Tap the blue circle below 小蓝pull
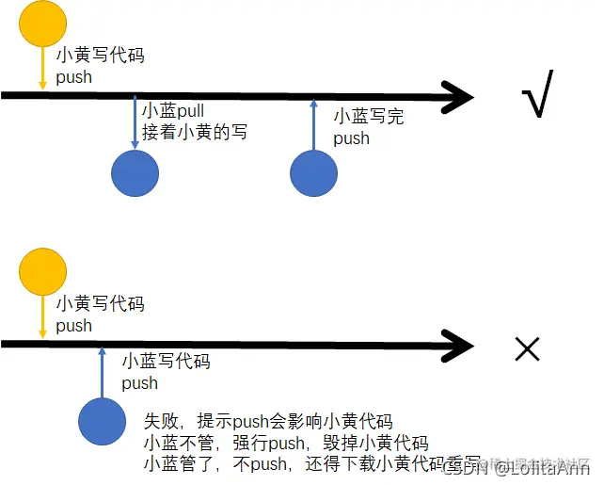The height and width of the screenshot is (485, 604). click(135, 174)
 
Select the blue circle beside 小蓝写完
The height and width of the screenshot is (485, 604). click(313, 174)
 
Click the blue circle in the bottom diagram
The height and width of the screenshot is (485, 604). click(103, 421)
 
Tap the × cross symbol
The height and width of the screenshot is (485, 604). click(528, 348)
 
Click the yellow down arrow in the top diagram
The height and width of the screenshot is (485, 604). click(42, 70)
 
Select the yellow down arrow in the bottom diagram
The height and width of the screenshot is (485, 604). click(42, 318)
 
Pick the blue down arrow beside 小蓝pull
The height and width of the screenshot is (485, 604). click(135, 123)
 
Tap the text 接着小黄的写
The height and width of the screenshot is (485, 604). click(195, 133)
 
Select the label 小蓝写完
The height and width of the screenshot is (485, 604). click(369, 117)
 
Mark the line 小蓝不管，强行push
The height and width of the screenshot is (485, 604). click(286, 443)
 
